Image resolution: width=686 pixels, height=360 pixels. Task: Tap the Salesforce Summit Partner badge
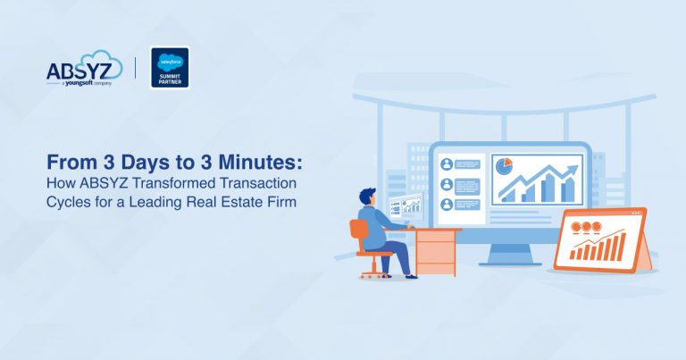[x=170, y=67]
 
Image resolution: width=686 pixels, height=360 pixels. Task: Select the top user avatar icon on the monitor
[x=446, y=164]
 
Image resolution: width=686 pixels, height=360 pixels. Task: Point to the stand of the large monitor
[x=510, y=254]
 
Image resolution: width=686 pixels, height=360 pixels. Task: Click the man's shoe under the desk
[x=410, y=276]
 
